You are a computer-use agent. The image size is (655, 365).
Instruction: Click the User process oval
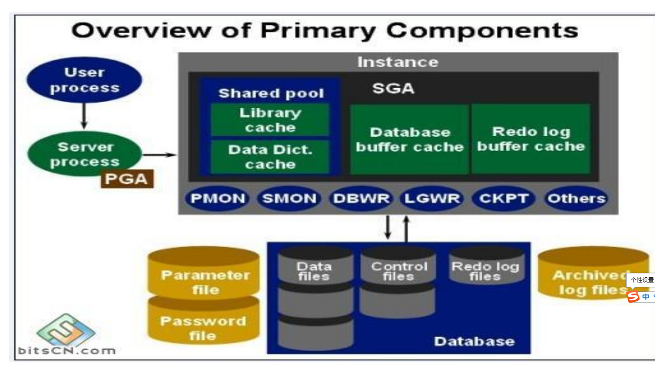tap(84, 81)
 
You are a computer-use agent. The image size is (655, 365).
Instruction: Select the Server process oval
tap(84, 154)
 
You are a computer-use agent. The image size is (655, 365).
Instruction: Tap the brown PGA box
tap(127, 179)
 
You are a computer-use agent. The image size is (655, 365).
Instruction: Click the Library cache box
tap(270, 120)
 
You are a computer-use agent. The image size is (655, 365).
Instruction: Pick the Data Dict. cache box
tap(270, 157)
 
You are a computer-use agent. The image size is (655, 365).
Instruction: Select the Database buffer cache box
tap(410, 139)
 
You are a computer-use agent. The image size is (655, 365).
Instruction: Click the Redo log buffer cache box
tap(531, 139)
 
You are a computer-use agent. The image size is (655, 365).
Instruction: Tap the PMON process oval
tap(217, 199)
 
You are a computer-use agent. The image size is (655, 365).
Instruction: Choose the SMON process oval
tap(289, 199)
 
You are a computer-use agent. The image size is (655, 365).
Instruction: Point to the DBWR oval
tap(361, 199)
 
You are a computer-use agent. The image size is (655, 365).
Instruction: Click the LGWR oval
tap(432, 199)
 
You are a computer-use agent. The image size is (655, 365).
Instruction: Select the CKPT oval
tap(503, 199)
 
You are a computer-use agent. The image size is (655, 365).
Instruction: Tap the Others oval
tap(576, 199)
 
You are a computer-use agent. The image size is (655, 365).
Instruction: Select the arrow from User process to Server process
tap(84, 117)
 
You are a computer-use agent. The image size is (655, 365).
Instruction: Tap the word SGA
tap(393, 89)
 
